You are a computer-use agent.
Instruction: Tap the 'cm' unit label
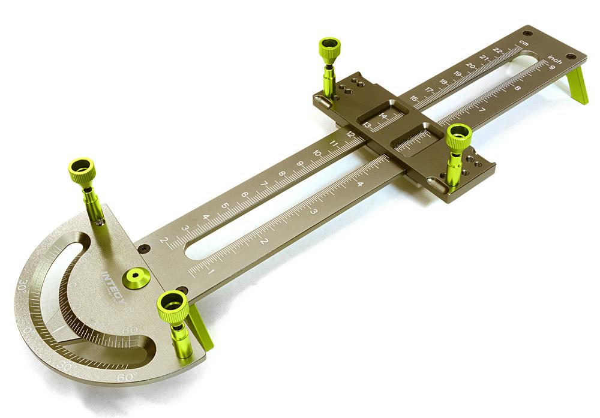tap(524, 44)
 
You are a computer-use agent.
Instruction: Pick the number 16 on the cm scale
tap(414, 98)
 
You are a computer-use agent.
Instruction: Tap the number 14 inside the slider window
tap(383, 116)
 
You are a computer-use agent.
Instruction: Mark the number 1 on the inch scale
tap(211, 272)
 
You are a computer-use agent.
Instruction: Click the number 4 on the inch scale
tap(360, 184)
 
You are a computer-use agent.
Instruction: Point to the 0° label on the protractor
tap(28, 329)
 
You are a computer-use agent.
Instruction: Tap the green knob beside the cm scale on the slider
tap(329, 48)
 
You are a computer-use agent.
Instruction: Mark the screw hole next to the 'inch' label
tap(569, 57)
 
